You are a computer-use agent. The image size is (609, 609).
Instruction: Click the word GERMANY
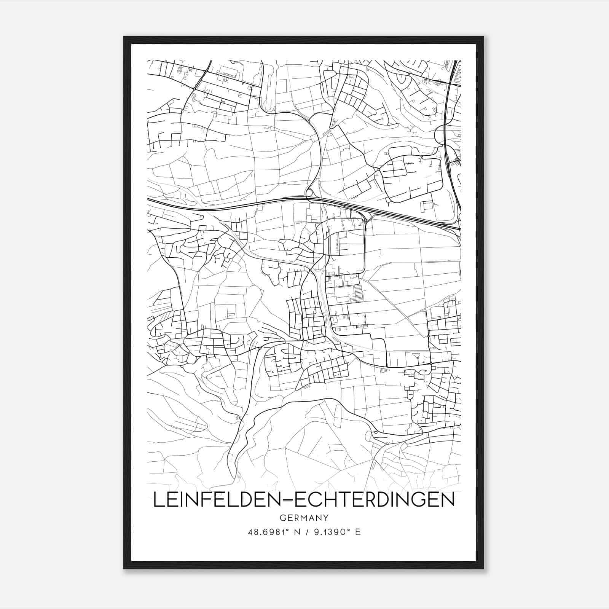pos(304,518)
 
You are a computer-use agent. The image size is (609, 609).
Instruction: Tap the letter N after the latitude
pos(293,532)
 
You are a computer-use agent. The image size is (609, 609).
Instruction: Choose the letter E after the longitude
pos(358,532)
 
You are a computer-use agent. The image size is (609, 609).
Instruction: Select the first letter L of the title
pos(158,500)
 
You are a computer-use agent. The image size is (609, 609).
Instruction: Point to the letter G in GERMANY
pos(282,518)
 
